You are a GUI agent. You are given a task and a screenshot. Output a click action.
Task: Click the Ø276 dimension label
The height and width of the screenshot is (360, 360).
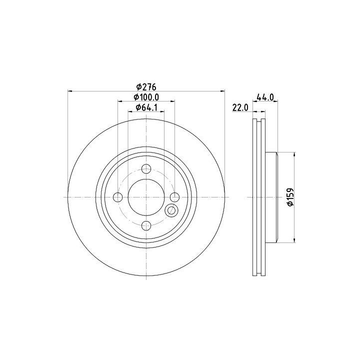(x=146, y=87)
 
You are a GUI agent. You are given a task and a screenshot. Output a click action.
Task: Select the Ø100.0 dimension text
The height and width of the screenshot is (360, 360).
(x=146, y=97)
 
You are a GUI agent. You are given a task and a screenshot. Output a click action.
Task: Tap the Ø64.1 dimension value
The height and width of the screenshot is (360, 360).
(x=146, y=107)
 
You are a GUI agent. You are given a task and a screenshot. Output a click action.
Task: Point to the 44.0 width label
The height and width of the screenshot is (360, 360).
(x=265, y=97)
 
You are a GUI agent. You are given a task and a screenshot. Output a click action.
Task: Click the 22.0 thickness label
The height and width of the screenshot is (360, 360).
(x=240, y=107)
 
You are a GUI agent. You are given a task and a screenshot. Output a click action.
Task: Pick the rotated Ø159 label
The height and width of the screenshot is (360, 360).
(x=290, y=197)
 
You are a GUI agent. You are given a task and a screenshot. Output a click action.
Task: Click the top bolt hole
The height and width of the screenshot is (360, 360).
(x=146, y=169)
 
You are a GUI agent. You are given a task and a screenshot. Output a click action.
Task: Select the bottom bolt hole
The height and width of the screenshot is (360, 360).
(x=146, y=225)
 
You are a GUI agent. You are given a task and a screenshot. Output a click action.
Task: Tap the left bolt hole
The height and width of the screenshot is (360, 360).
(x=118, y=197)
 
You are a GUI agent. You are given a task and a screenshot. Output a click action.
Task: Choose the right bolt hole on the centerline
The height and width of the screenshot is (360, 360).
(x=174, y=197)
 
